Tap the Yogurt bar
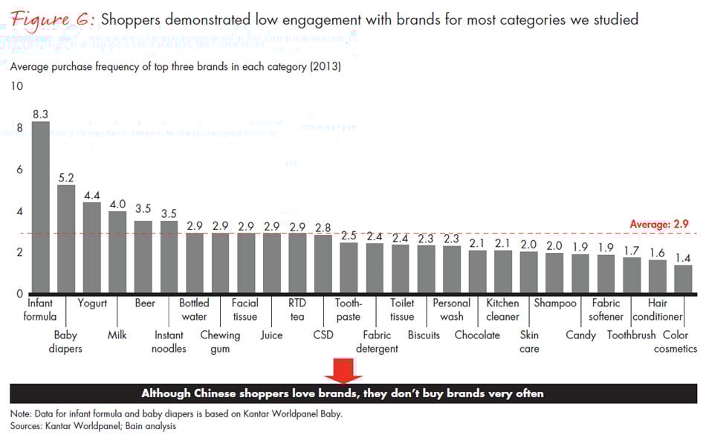pyautogui.click(x=92, y=247)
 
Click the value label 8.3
pyautogui.click(x=40, y=115)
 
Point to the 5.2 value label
pyautogui.click(x=66, y=178)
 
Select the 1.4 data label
pyautogui.click(x=683, y=258)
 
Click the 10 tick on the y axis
pyautogui.click(x=16, y=86)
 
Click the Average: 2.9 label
pyautogui.click(x=659, y=224)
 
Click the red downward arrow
pyautogui.click(x=343, y=370)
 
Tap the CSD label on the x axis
pyautogui.click(x=323, y=335)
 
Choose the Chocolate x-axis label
pyautogui.click(x=477, y=335)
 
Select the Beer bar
pyautogui.click(x=143, y=257)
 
